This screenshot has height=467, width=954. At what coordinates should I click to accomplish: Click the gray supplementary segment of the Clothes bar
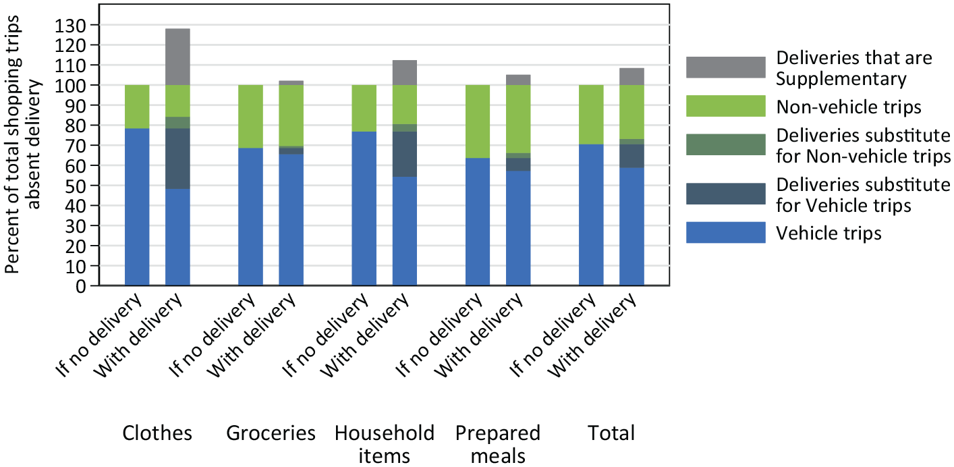(x=177, y=57)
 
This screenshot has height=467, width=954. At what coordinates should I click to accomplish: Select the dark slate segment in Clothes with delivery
(x=177, y=159)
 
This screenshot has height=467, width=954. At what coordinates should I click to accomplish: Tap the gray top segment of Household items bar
(x=405, y=72)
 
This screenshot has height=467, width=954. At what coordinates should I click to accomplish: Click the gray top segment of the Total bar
(x=632, y=77)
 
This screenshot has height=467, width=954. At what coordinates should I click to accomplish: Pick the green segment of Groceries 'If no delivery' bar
(x=250, y=116)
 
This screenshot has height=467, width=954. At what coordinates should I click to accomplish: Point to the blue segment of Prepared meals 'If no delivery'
(x=478, y=221)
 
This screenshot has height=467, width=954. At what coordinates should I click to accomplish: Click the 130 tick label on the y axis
(x=70, y=26)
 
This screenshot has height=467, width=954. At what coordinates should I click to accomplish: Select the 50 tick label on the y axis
(x=76, y=186)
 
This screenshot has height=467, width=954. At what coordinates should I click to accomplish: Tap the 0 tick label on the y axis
(x=81, y=286)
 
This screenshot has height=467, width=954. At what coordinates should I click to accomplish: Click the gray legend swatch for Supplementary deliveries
(x=726, y=67)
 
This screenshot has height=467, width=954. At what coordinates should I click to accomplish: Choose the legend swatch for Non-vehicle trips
(x=726, y=106)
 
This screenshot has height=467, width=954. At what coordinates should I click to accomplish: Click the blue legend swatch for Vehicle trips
(x=726, y=232)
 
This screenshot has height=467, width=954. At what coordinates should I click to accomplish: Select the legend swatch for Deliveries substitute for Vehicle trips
(x=726, y=194)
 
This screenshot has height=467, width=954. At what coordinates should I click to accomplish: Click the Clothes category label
(x=157, y=433)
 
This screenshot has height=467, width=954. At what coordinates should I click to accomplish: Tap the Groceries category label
(x=271, y=433)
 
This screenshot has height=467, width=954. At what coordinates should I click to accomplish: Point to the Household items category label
(x=384, y=445)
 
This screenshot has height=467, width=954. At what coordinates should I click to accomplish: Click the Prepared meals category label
(x=498, y=445)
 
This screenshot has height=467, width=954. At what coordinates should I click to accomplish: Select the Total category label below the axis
(x=611, y=433)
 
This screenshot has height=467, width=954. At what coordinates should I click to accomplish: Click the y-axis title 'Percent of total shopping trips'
(x=12, y=144)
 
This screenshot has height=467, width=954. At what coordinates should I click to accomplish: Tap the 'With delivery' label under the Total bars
(x=592, y=336)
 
